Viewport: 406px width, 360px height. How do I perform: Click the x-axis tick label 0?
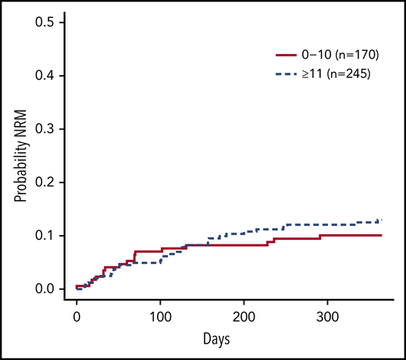77,318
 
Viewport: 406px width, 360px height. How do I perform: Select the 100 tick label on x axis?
160,318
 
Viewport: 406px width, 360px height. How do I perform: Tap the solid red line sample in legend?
288,55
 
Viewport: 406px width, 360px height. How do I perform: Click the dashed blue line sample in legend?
288,74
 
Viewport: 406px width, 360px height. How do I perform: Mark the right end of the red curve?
381,235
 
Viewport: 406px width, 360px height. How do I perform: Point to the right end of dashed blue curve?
381,220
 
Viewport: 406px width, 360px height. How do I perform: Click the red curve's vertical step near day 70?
134,256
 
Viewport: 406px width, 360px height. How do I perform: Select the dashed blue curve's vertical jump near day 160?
208,241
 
